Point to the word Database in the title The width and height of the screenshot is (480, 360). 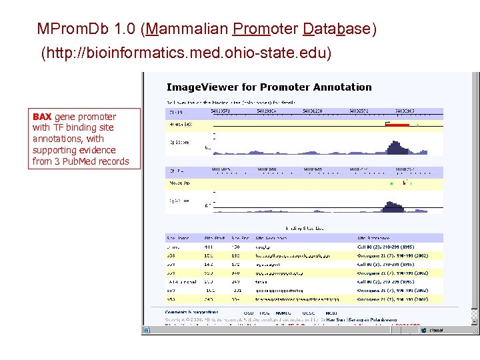(336, 29)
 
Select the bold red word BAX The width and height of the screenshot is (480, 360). (42, 117)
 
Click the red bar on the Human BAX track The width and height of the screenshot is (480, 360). (397, 125)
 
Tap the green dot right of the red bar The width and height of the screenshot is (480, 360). (417, 125)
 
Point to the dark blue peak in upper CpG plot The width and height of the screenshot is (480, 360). (397, 147)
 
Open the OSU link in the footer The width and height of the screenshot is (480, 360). (248, 312)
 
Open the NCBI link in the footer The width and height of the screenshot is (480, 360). (331, 312)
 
